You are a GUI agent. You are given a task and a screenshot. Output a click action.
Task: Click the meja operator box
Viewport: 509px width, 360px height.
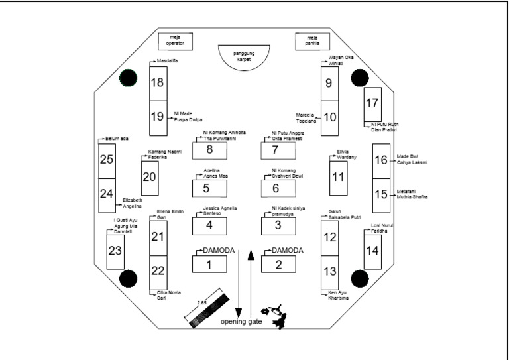click(x=174, y=41)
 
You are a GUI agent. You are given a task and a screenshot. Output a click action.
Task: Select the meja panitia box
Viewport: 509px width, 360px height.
click(x=311, y=41)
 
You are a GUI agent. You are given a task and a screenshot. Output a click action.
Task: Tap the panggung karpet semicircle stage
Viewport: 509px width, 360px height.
click(x=245, y=54)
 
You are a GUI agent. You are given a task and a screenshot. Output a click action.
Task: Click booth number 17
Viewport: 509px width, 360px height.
click(x=372, y=103)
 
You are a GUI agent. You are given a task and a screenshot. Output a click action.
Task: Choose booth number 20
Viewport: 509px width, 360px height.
click(x=149, y=177)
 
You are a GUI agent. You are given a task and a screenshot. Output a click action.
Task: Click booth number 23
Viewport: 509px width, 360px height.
click(x=115, y=251)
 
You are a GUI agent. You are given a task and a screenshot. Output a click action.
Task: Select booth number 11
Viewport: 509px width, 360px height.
click(x=339, y=178)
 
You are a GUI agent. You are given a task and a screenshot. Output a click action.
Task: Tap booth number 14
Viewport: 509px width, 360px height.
click(x=372, y=251)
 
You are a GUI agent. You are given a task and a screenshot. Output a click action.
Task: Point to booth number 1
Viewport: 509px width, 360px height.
click(x=209, y=265)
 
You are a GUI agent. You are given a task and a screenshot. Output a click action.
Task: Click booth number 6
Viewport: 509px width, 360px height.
click(x=278, y=188)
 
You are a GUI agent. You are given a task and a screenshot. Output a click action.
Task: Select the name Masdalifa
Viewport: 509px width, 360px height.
click(x=167, y=61)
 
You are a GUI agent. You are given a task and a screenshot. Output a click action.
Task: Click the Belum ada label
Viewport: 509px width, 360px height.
click(x=117, y=139)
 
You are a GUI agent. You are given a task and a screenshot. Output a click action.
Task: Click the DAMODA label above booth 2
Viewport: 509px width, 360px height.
click(x=287, y=251)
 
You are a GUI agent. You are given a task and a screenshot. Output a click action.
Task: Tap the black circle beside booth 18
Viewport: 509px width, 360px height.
click(x=127, y=79)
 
